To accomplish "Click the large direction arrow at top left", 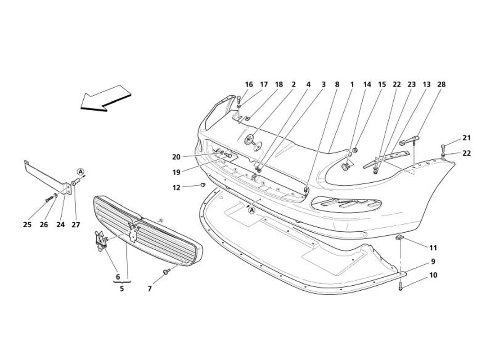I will [106, 98].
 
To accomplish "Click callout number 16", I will [249, 85].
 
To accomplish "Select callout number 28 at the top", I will [441, 85].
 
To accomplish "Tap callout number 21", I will [467, 138].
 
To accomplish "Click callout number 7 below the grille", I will [149, 288].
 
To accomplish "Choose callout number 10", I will [433, 275].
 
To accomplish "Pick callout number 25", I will [27, 225].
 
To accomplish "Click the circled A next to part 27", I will [80, 171].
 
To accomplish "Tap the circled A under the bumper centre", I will [252, 210].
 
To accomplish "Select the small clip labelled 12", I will [203, 184].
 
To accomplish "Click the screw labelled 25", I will [47, 200].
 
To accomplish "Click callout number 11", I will [433, 247].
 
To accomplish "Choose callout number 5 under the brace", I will [121, 288].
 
